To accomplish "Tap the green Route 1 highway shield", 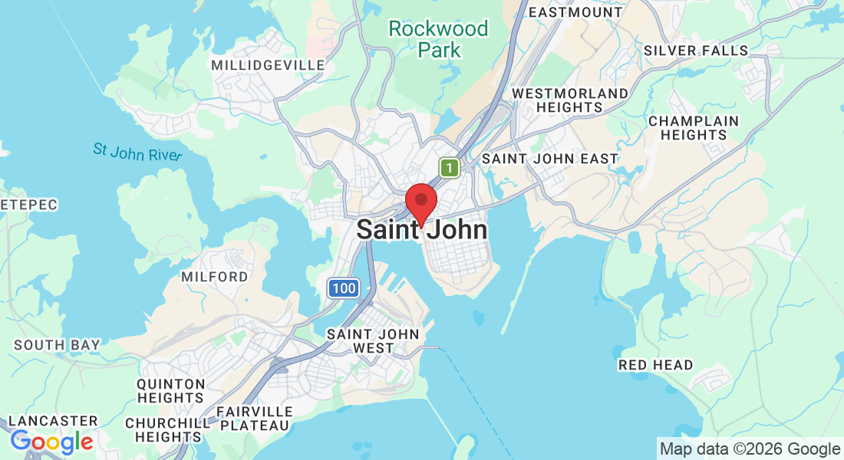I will pos(450,167).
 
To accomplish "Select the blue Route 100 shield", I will pos(344,288).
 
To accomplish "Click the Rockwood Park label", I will pos(438,39).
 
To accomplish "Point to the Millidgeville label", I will pos(269,65).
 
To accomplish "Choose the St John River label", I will pos(138,151).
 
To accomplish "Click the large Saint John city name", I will pos(421,230).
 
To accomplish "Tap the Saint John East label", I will pos(549,159).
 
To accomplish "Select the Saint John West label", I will pos(373,341).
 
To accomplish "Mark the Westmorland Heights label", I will pos(570,100).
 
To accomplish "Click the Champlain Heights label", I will pos(694,128).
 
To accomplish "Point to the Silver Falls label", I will pos(696,51).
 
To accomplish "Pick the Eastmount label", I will pos(575,12).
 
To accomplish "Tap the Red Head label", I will pos(655,365).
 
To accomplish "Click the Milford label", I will pos(215,276).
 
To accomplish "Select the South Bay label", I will pos(57,345).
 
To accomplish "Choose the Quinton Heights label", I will pos(170,391).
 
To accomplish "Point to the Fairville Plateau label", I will pos(253,419).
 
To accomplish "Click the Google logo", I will pos(51,442).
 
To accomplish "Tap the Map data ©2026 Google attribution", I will pos(750,449).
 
